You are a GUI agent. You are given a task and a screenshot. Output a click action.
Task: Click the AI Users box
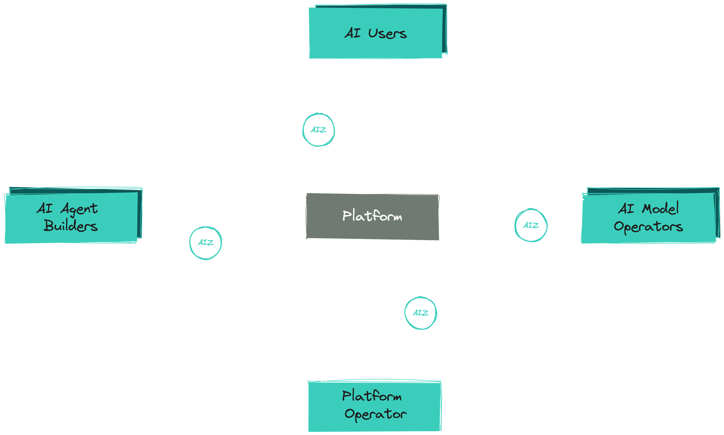tap(376, 33)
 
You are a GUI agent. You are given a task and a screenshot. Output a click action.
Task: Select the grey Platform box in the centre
tap(372, 216)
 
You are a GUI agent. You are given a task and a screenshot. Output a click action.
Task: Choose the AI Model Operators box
tap(648, 217)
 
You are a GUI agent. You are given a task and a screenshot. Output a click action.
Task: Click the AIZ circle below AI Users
tap(318, 130)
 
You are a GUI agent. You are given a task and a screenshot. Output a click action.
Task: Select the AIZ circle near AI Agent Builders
tap(205, 243)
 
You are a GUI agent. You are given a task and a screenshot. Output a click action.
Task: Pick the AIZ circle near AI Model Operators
tap(531, 225)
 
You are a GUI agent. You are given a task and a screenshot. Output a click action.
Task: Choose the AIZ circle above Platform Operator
tap(421, 313)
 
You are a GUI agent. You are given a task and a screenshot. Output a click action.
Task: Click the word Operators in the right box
tap(648, 227)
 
